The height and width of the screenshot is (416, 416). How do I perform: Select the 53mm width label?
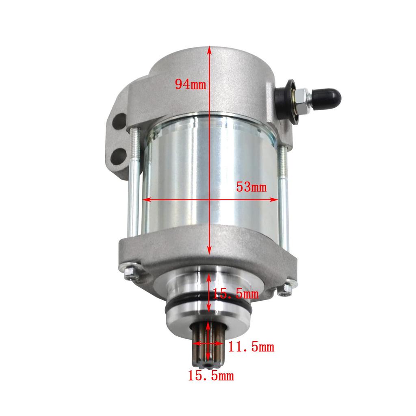(x=251, y=187)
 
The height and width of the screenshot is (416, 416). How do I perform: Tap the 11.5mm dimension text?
(x=251, y=347)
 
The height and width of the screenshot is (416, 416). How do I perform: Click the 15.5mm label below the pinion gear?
(x=210, y=375)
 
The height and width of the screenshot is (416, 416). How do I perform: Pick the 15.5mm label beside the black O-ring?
(x=236, y=293)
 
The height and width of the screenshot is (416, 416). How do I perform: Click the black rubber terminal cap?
(x=330, y=97)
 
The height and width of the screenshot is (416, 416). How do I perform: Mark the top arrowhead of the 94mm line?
(x=209, y=49)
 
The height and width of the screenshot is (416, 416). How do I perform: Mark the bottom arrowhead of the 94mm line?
(x=209, y=252)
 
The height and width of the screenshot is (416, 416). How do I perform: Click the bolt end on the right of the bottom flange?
(x=286, y=287)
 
